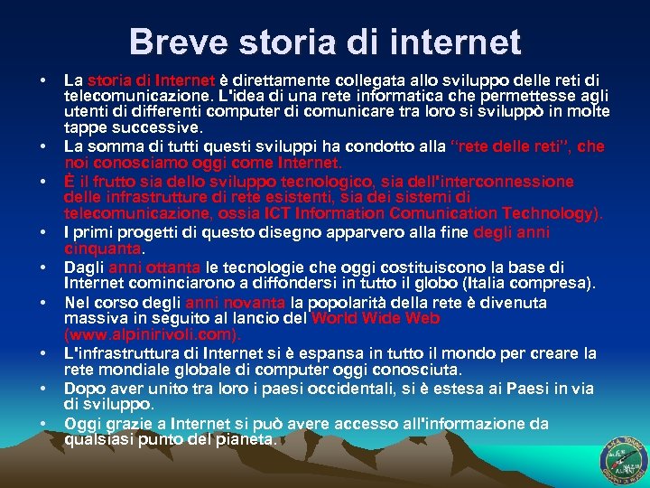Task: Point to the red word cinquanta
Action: tap(104, 248)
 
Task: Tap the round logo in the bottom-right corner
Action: tap(623, 459)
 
